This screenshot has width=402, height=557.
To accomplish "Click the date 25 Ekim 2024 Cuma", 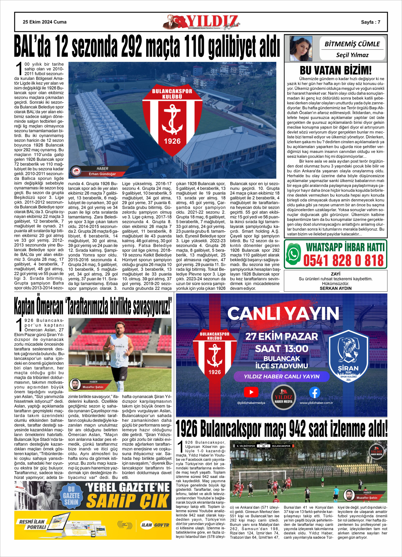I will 45,22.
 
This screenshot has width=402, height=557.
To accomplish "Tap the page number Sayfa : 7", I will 370,22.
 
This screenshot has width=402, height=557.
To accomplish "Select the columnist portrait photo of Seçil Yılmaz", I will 301,49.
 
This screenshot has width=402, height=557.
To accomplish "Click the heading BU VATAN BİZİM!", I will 335,70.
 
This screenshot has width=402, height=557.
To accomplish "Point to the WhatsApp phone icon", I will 293,254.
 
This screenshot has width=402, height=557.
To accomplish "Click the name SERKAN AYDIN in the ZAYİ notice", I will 335,288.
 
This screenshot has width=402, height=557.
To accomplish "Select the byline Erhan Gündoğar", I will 102,174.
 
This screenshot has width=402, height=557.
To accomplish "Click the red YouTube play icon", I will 251,392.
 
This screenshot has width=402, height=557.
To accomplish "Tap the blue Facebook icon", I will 314,392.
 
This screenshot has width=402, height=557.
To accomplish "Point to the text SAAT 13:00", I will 281,349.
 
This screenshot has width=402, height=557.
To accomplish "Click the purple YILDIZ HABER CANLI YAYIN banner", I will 281,376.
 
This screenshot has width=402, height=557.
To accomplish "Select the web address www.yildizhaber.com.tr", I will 316,403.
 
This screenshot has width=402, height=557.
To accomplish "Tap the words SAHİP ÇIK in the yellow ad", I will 128,501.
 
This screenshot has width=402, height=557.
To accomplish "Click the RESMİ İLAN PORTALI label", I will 32,524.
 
